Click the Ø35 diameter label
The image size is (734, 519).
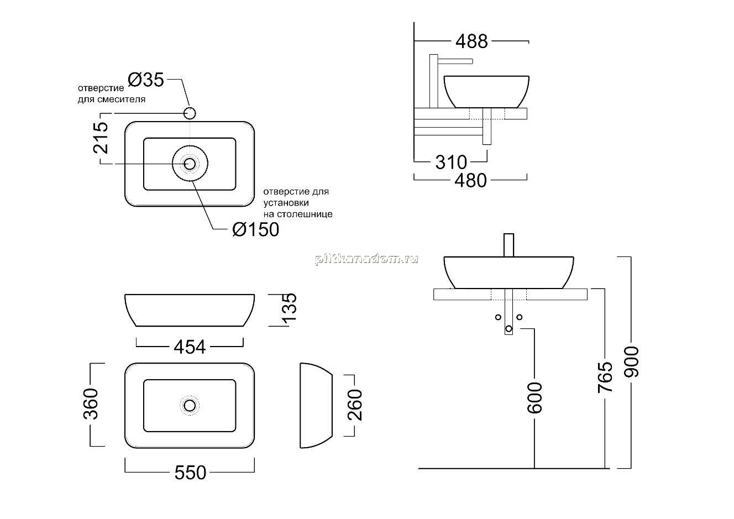click(x=146, y=80)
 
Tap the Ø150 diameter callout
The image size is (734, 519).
click(x=255, y=229)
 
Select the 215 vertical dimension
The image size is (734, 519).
click(x=101, y=138)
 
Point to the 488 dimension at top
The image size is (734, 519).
click(x=471, y=41)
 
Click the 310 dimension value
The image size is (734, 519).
click(x=451, y=162)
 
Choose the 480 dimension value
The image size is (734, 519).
click(x=470, y=181)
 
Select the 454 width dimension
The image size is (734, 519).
click(x=190, y=347)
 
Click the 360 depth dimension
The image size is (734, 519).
click(x=91, y=404)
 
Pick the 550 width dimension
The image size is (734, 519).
click(x=190, y=473)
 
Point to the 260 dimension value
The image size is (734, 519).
click(x=355, y=405)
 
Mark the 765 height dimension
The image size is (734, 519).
click(x=605, y=377)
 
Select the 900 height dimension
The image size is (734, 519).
click(x=631, y=361)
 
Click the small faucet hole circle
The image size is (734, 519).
click(x=190, y=113)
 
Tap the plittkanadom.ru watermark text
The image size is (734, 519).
click(x=366, y=260)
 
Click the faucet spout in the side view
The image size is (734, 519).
click(x=455, y=61)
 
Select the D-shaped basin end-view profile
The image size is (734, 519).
click(x=316, y=405)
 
